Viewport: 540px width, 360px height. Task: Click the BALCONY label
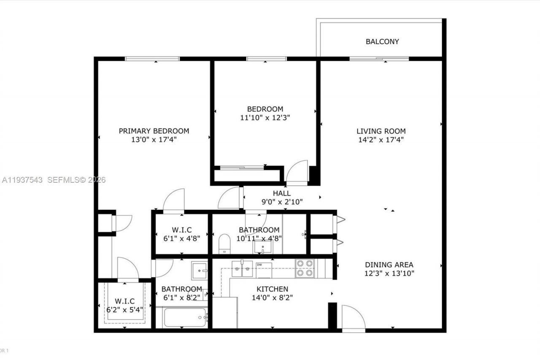(x=382, y=42)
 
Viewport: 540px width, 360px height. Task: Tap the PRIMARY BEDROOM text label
(x=154, y=131)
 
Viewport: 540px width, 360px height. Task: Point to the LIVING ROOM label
(x=381, y=131)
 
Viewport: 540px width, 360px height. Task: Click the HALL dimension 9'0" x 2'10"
(x=281, y=202)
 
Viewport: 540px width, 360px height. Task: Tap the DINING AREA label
(x=389, y=265)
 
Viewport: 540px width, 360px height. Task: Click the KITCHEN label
(x=273, y=289)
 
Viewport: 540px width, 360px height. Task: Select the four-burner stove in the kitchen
(x=305, y=268)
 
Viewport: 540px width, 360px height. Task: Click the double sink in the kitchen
(x=242, y=268)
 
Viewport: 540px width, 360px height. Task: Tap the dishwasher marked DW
(x=263, y=270)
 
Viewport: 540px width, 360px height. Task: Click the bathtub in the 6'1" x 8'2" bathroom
(x=185, y=317)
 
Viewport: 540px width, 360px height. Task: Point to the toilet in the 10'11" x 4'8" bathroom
(x=224, y=244)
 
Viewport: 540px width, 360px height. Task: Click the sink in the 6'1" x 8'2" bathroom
(x=199, y=270)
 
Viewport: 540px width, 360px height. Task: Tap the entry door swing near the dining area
(x=353, y=317)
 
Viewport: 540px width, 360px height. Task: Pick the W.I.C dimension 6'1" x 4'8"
(x=181, y=238)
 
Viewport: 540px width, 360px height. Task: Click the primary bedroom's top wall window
(x=152, y=59)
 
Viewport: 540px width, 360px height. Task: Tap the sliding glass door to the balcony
(x=379, y=59)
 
